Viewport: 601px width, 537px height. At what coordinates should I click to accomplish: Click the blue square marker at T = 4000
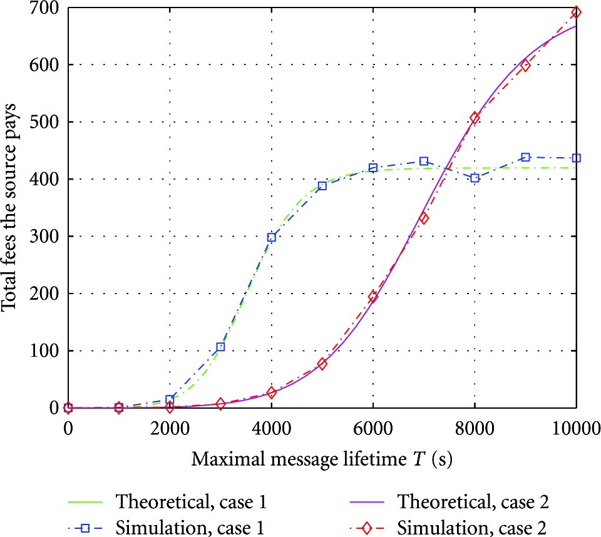pos(272,237)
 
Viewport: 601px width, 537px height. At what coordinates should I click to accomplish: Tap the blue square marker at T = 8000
pos(475,178)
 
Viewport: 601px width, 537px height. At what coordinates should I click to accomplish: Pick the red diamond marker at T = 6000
pos(373,297)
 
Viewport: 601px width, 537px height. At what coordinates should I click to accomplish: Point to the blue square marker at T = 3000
pos(220,347)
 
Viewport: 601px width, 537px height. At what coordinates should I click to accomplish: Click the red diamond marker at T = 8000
pos(475,118)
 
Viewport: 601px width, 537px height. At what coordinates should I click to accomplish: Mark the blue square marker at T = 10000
pos(577,158)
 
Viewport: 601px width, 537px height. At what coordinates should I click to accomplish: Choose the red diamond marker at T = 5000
pos(322,364)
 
